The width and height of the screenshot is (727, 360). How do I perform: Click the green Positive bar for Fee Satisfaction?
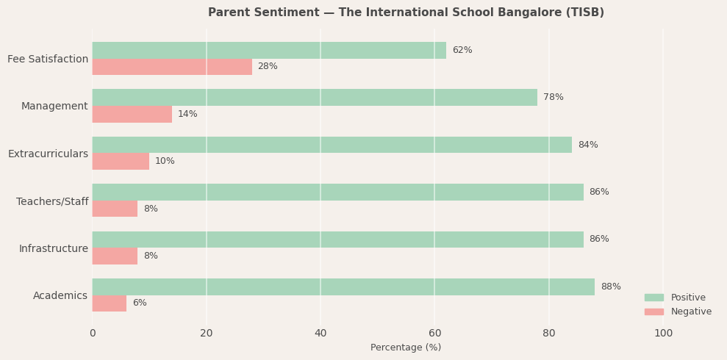point(269,50)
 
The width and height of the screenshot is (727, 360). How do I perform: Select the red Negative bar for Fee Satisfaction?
point(172,67)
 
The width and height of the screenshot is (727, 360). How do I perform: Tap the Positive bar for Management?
point(315,97)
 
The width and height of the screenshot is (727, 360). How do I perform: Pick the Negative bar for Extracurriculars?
point(121,162)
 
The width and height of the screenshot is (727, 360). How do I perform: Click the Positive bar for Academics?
point(343,287)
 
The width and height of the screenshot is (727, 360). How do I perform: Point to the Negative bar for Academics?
point(110,303)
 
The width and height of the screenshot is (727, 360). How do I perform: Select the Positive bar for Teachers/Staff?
point(337,192)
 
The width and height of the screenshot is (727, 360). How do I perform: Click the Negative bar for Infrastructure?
point(115,256)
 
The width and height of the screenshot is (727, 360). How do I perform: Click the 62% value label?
point(462,50)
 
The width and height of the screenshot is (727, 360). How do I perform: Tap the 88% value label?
point(611,287)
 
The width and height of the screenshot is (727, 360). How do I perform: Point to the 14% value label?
point(187,114)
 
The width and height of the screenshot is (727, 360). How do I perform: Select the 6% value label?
point(140,303)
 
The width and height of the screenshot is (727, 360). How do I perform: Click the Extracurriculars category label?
point(48,154)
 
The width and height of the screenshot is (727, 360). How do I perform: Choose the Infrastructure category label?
point(53,248)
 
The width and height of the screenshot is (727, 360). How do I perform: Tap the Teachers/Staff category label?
point(52,201)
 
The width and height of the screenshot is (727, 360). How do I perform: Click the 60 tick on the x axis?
point(434,334)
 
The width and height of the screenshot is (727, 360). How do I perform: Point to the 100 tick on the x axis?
point(663,334)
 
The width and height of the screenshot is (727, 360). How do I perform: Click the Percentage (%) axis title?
point(406,348)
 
